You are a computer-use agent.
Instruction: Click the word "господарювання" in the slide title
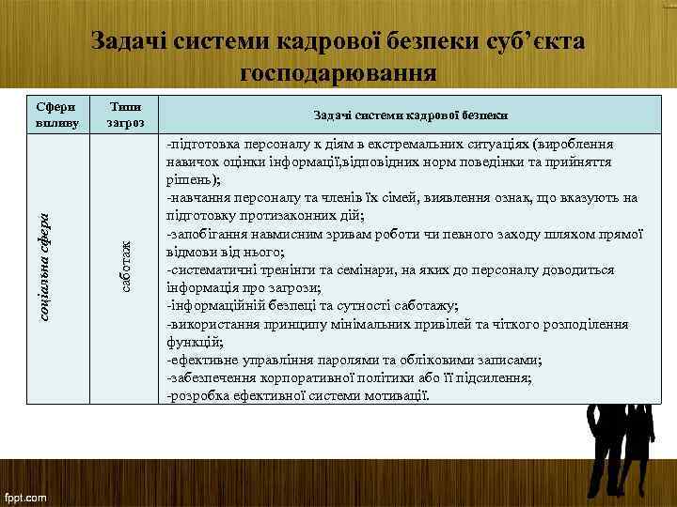click(338, 72)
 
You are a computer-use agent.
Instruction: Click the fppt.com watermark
click(27, 494)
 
